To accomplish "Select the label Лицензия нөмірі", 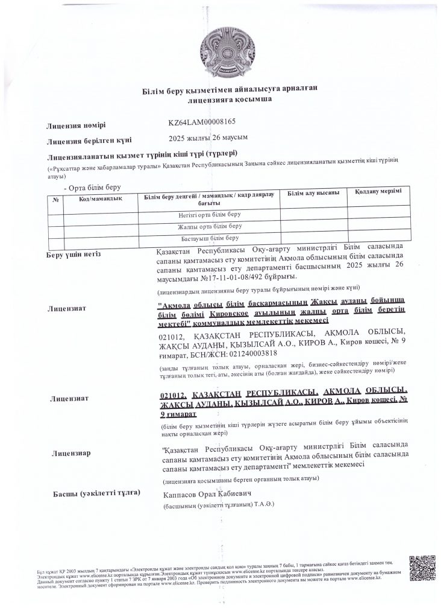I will click(77, 125).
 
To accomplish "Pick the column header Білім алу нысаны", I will click(313, 193).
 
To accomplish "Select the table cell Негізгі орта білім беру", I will click(209, 215).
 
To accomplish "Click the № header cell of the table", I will click(55, 200).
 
